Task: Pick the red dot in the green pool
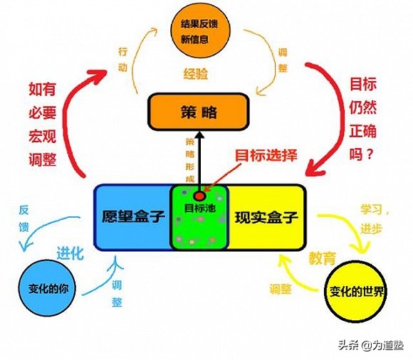coord(199,194)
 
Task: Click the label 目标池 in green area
coord(199,209)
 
